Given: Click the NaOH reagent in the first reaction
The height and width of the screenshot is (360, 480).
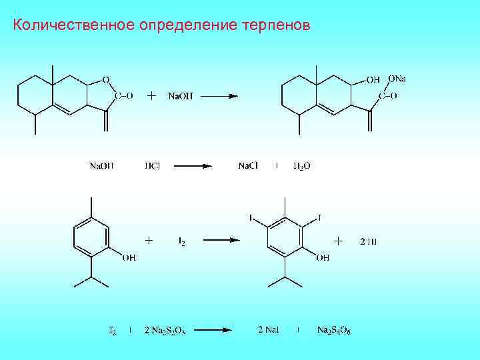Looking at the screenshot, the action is click(x=179, y=96).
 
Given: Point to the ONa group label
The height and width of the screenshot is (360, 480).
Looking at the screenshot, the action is click(x=397, y=79).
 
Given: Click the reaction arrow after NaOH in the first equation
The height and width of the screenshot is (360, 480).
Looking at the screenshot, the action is click(x=219, y=96).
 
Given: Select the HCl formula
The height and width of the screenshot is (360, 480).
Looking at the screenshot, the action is click(x=152, y=166).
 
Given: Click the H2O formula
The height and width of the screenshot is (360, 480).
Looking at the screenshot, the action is click(x=301, y=166).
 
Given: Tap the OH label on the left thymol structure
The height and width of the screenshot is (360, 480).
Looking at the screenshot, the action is click(x=129, y=257).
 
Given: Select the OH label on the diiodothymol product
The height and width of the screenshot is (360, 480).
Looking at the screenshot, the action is click(x=323, y=257).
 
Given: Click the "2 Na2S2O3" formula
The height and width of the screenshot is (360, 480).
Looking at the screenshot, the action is click(x=165, y=330).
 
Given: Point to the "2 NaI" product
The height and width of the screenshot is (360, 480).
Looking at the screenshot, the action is click(x=269, y=329).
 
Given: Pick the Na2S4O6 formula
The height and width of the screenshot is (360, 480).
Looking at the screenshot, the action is click(x=334, y=330).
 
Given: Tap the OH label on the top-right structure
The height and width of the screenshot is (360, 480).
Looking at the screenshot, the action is click(x=373, y=80).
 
